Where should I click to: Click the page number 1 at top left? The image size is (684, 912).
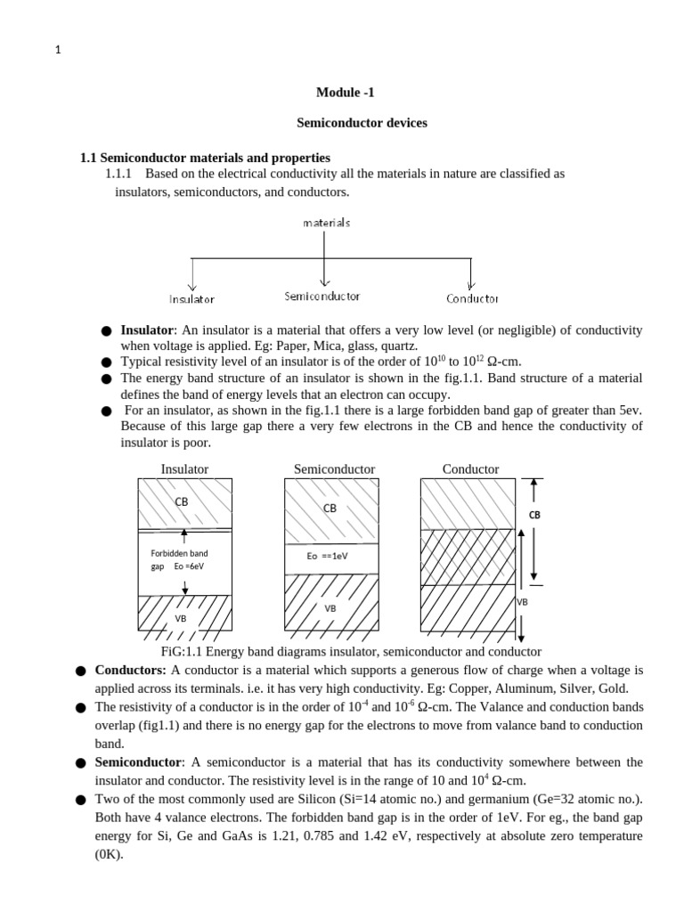58,51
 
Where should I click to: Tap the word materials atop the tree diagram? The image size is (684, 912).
326,223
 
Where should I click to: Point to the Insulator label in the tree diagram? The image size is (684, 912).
191,299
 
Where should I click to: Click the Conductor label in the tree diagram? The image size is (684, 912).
472,299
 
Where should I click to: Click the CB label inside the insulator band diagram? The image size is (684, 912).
182,501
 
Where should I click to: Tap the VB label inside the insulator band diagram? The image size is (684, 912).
181,617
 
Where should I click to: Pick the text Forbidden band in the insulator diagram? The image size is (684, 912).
179,553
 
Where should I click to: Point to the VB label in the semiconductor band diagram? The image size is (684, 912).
330,607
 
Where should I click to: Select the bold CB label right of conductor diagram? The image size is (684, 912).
534,515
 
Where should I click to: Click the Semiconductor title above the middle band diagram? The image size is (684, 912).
334,469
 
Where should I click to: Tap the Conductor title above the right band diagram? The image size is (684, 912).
470,469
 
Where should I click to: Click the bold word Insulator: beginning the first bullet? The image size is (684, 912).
148,330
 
